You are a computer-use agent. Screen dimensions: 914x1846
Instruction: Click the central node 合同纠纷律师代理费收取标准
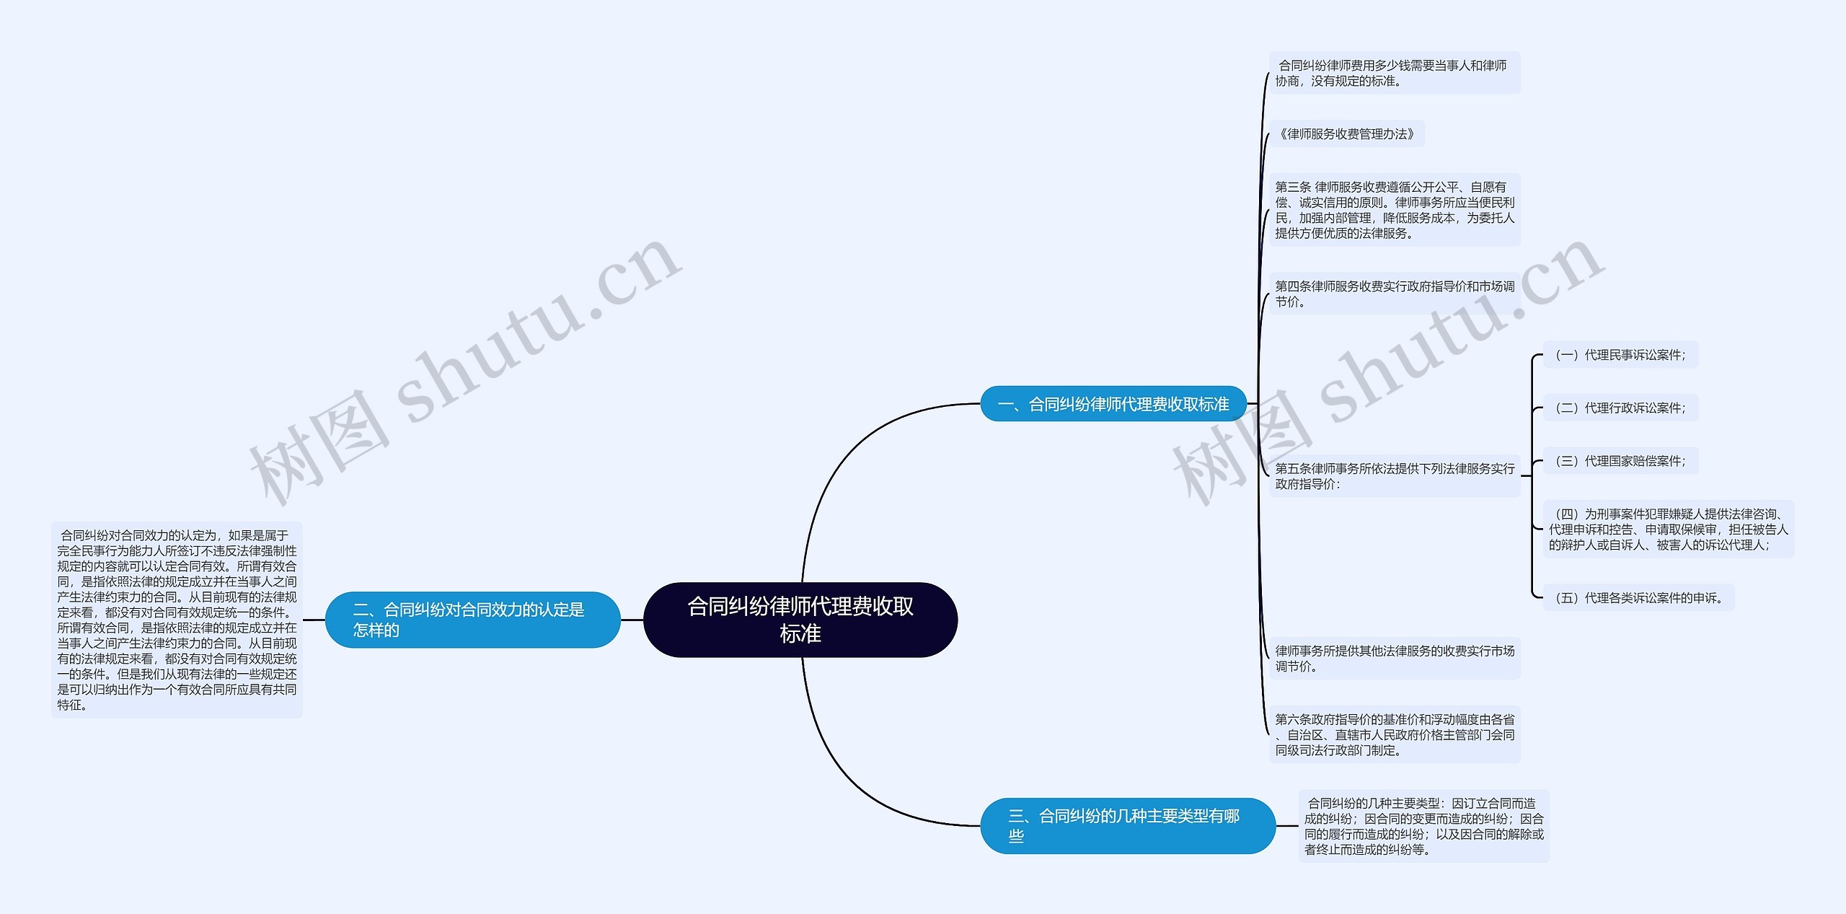coord(800,620)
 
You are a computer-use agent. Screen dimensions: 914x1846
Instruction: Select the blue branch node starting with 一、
coord(1113,404)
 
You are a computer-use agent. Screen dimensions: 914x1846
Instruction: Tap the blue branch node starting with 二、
coord(472,620)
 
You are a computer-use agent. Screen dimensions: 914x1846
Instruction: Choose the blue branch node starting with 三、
coord(1127,825)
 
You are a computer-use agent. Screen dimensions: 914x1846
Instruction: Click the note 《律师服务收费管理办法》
coord(1346,134)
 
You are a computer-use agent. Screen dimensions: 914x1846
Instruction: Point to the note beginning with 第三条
coord(1394,210)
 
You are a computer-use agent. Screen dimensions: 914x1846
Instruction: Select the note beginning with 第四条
coord(1394,294)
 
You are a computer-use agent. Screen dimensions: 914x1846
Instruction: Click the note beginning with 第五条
coord(1394,476)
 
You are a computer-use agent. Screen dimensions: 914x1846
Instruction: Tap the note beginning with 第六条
coord(1394,734)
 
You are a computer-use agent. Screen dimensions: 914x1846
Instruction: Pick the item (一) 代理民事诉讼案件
coord(1620,355)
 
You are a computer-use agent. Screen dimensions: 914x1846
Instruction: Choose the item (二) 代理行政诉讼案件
coord(1620,408)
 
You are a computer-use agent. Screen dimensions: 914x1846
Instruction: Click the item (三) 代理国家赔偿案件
coord(1620,461)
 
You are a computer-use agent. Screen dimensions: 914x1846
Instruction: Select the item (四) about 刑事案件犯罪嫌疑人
coord(1668,529)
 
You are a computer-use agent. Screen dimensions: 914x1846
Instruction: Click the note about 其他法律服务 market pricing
coord(1394,659)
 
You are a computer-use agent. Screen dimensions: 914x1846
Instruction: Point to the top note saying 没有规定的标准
coord(1394,73)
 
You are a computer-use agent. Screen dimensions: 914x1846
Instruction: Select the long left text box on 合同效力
coord(177,620)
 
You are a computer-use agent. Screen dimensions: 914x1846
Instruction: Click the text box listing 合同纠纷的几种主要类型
coord(1423,826)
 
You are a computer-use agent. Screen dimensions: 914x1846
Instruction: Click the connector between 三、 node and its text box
coord(1287,826)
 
